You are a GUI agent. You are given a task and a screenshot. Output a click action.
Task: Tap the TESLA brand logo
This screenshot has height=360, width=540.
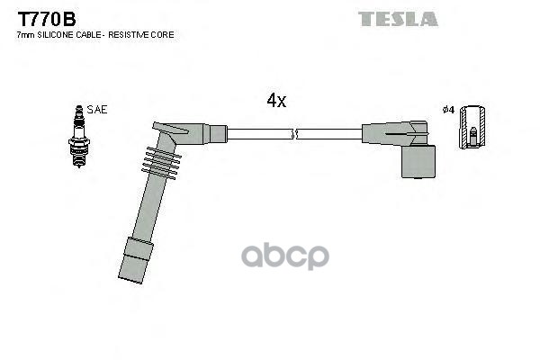tap(398, 19)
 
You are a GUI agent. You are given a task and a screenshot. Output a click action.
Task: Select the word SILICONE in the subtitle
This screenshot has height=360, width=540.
tap(62, 34)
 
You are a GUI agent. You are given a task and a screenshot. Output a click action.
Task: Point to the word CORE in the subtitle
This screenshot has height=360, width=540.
tap(163, 34)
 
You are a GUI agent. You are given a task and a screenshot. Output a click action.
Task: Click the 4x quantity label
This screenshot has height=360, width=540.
tap(275, 102)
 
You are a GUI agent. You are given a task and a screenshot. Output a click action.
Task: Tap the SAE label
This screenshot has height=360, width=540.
tap(98, 110)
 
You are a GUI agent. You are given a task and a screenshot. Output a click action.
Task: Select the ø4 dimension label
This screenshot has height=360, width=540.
tap(448, 110)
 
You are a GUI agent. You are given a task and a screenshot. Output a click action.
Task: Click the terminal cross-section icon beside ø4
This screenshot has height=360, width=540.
tap(472, 129)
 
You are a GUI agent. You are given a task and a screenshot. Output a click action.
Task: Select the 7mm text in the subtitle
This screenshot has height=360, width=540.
tap(25, 34)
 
